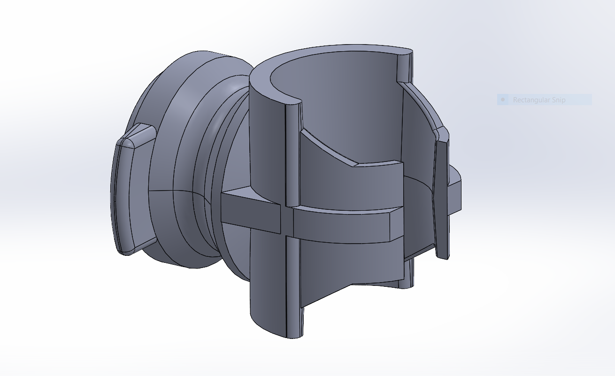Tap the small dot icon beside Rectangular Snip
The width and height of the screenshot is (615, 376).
click(x=503, y=100)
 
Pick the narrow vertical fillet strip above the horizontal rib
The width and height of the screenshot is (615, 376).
click(x=292, y=155)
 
